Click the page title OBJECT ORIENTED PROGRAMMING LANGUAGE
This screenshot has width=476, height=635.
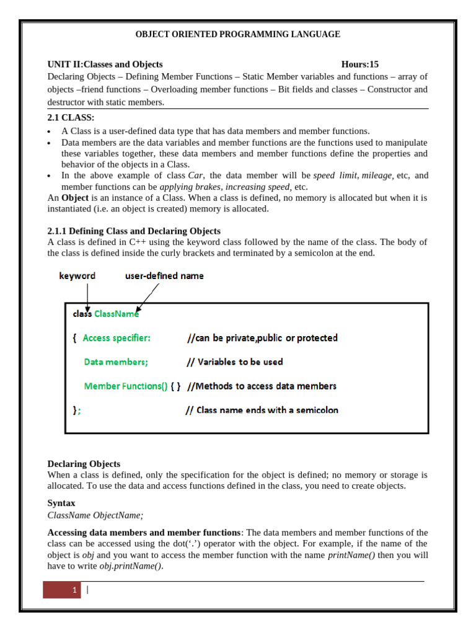[x=237, y=34]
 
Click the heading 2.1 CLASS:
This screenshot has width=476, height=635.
[x=71, y=118]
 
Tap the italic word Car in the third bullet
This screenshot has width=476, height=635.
[x=195, y=175]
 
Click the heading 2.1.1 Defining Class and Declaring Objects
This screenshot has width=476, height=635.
[x=134, y=231]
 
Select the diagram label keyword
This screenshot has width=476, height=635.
[x=77, y=275]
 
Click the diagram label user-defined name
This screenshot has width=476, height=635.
[x=164, y=275]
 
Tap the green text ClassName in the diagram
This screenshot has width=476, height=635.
[x=117, y=314]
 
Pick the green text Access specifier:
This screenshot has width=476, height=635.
[x=116, y=338]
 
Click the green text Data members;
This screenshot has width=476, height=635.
[x=116, y=362]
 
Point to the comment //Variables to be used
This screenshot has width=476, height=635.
[x=234, y=362]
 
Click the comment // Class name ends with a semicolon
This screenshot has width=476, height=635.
[x=262, y=411]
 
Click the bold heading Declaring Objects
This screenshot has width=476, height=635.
[x=84, y=464]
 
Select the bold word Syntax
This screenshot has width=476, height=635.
[x=61, y=504]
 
